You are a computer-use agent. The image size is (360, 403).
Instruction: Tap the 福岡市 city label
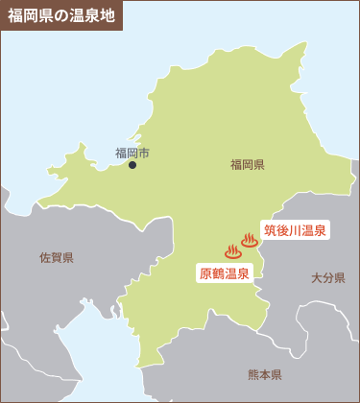coord(132,153)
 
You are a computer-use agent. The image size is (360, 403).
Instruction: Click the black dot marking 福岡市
coord(132,165)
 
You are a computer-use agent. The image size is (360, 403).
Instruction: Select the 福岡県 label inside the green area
coord(247,165)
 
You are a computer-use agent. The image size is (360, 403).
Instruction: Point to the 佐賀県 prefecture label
coord(57,258)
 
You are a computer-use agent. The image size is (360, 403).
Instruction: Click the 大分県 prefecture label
coord(327,278)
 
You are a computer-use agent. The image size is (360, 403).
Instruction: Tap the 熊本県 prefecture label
coord(264,374)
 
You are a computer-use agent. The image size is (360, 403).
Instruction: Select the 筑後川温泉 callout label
coord(295,230)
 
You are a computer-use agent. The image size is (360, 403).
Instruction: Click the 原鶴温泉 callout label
coord(225,273)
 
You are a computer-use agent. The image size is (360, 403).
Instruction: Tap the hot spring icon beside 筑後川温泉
coord(250,239)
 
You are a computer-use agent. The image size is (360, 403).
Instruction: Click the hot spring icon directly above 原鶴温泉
coord(233,251)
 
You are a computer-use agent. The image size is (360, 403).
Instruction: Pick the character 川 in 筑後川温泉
coord(295,230)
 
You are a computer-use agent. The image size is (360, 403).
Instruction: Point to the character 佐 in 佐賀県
coord(45,258)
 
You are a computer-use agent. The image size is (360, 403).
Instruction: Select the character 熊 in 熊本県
coord(253,374)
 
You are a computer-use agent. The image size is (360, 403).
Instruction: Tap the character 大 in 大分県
coord(316,278)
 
